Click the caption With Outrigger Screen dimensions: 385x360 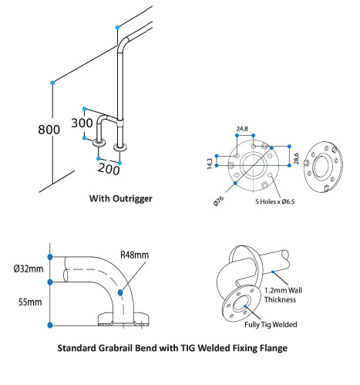[121, 198]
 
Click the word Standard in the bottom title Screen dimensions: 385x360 [82, 348]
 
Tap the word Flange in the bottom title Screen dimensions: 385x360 [269, 348]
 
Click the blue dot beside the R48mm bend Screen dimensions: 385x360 [122, 292]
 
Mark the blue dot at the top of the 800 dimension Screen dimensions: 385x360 [52, 81]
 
